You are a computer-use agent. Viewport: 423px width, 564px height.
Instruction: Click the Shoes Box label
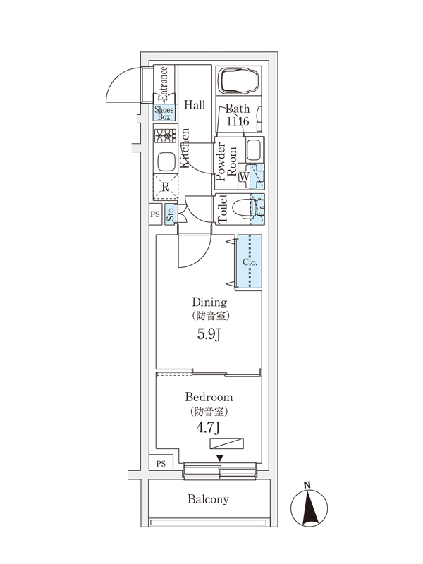point(164,113)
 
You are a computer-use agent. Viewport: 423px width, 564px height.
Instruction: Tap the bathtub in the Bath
point(236,82)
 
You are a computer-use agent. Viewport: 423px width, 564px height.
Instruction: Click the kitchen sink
point(165,162)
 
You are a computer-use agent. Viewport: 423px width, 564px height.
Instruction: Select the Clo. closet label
point(250,262)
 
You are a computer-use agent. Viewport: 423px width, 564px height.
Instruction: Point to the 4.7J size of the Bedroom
point(209,427)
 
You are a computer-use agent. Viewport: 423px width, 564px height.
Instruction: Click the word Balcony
point(208,499)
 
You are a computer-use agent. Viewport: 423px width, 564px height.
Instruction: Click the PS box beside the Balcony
point(161,464)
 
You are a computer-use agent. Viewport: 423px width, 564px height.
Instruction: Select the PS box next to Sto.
point(154,215)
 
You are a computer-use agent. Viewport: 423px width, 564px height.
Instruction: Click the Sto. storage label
point(171,215)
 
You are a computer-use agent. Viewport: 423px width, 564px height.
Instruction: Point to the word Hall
point(195,105)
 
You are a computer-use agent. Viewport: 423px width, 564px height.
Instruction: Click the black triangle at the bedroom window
point(220,458)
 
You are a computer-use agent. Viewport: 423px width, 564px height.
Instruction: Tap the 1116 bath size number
point(238,122)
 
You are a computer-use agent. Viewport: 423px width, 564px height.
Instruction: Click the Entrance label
point(163,83)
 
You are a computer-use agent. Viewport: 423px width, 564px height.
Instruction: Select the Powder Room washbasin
point(254,149)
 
